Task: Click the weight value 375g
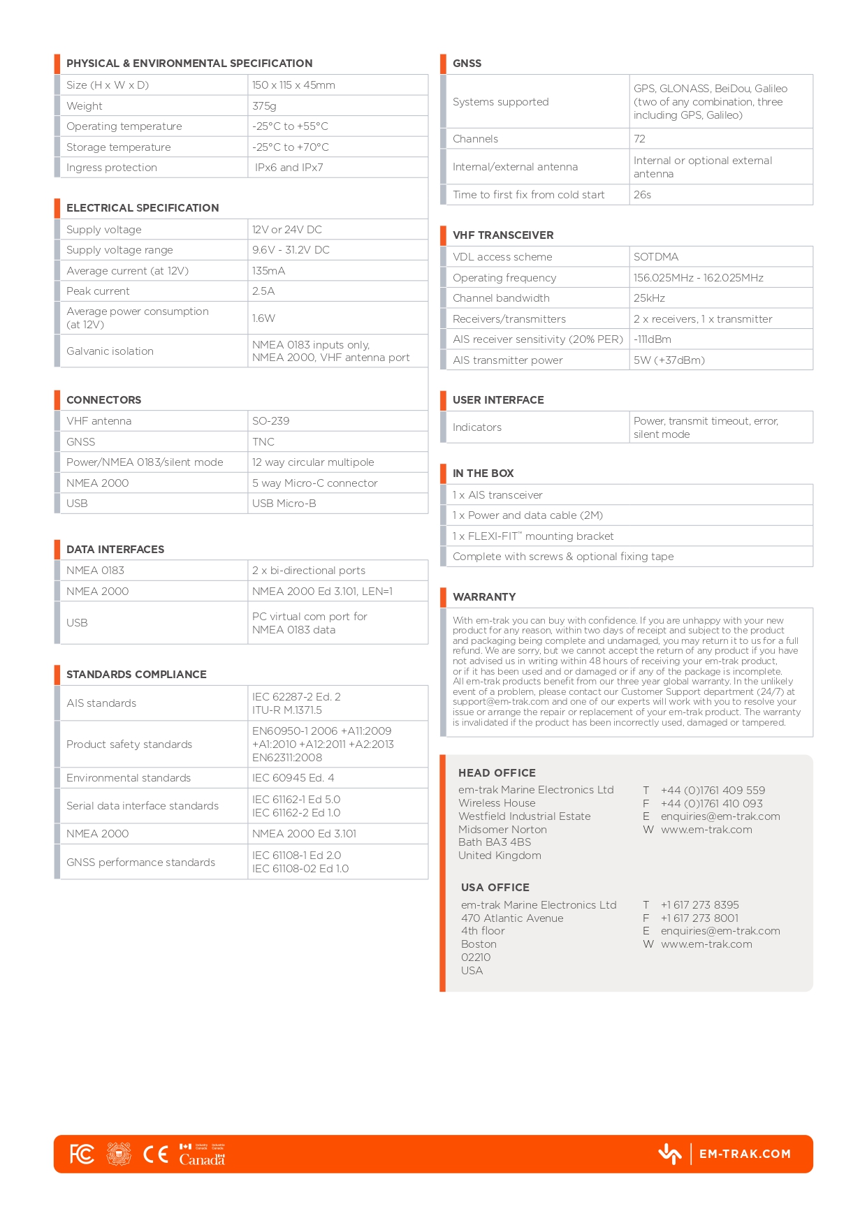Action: pos(264,106)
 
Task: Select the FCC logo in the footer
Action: pos(82,1154)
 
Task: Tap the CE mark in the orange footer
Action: pos(156,1154)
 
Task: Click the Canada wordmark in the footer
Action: pos(202,1159)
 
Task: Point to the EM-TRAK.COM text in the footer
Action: pos(745,1154)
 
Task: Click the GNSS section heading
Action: pos(467,64)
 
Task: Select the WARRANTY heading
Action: pos(484,597)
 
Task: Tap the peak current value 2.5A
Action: pos(263,291)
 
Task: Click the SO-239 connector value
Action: pos(270,421)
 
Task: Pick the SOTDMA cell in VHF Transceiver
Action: pos(656,257)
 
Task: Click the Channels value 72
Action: pos(639,139)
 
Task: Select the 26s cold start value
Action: pos(642,195)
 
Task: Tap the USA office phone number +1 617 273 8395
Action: pos(699,905)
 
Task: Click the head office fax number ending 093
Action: pos(711,804)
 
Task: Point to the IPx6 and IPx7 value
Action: pos(289,168)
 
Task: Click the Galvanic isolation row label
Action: pos(110,351)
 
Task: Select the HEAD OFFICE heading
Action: pos(497,773)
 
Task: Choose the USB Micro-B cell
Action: pos(284,504)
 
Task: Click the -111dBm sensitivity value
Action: pos(652,339)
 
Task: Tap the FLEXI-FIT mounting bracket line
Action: pos(533,536)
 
